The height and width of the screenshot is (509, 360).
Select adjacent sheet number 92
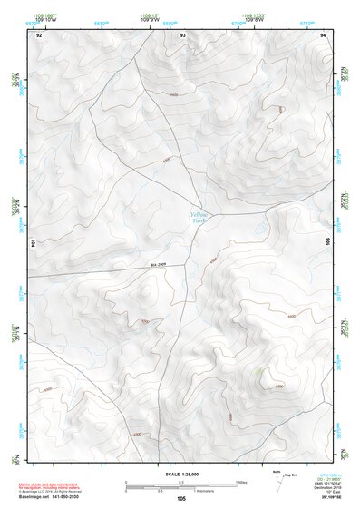point(39,34)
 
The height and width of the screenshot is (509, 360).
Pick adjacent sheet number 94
point(324,34)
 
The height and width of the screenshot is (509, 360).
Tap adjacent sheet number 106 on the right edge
point(328,242)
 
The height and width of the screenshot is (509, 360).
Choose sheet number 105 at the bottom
point(181,498)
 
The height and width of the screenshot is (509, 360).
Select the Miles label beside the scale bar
point(240,482)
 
